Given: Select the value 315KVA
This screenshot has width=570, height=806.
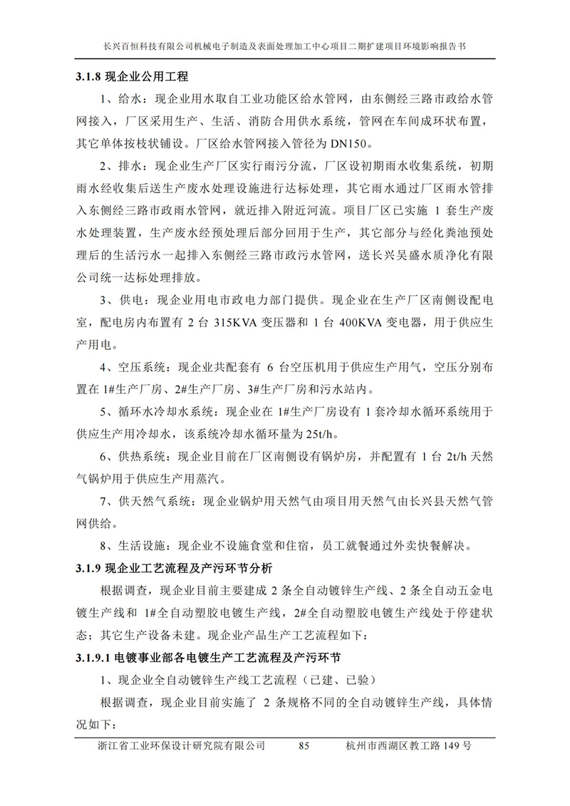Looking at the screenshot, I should click(237, 323).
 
